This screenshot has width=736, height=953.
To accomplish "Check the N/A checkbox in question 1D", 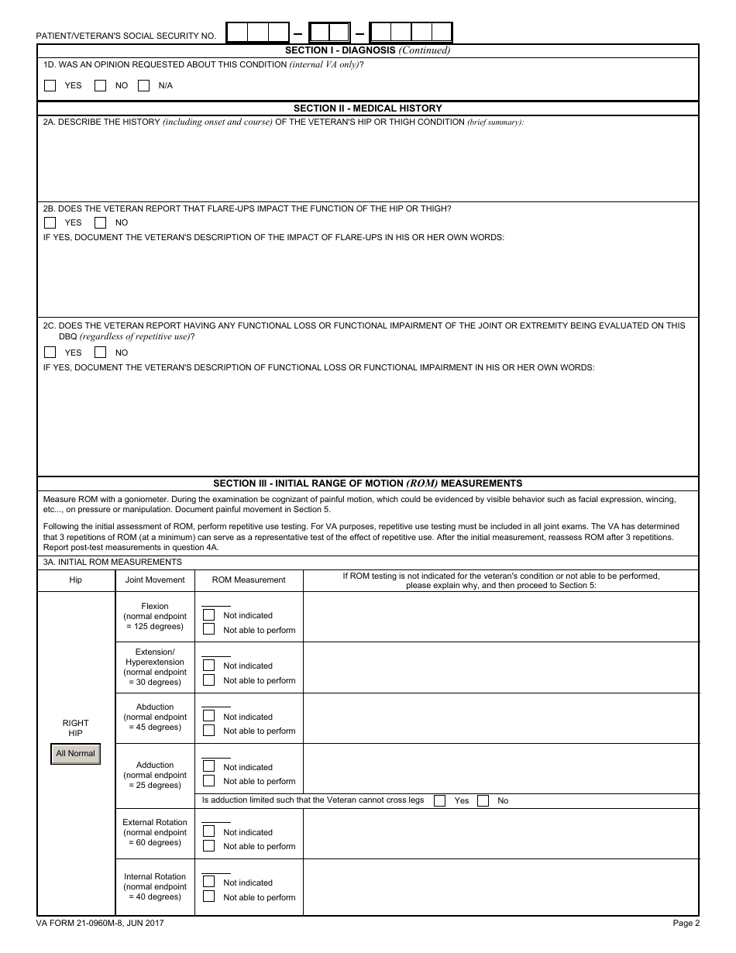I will point(143,86).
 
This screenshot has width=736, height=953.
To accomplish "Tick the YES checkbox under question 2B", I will point(50,223).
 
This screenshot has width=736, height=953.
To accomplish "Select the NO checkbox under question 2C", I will point(100,353).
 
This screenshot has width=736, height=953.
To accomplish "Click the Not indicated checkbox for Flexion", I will point(208,615).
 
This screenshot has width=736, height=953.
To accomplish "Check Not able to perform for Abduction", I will point(208,731).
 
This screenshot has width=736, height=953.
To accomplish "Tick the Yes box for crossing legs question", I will point(439,801).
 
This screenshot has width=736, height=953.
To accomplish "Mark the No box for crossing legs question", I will point(483,801).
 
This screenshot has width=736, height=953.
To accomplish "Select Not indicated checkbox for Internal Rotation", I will point(208,882).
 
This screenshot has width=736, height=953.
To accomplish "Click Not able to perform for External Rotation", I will point(208,847).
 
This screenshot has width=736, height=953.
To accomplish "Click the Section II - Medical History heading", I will point(367,108).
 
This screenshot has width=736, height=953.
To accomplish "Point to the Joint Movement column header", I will point(155,580).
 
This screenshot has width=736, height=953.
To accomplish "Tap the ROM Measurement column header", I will point(249,580).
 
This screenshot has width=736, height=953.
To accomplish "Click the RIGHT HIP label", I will point(76,728).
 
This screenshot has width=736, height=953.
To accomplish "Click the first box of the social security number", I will point(237,33).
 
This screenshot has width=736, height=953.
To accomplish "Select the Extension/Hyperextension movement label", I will point(155,667).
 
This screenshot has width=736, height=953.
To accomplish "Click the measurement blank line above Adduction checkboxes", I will point(216,757).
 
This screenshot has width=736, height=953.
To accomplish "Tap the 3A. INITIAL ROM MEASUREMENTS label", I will point(112,563).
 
